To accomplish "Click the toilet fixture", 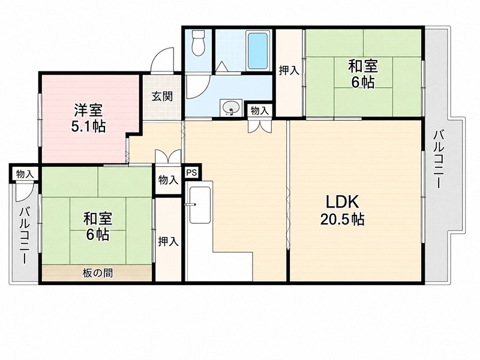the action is (x=198, y=43).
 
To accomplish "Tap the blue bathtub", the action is (x=258, y=51).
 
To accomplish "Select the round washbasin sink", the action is (x=231, y=108).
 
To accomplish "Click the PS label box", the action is (x=192, y=172).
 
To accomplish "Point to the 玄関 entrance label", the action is (x=162, y=97).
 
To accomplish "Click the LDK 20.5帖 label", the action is (x=342, y=210).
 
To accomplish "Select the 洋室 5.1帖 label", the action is (x=88, y=118).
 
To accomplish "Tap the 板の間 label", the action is (x=97, y=273).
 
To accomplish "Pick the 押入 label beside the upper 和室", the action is (x=289, y=71).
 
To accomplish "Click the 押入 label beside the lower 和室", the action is (x=168, y=242).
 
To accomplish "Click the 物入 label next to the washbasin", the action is (x=260, y=110).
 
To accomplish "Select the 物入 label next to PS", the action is (x=168, y=180).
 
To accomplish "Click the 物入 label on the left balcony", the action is (x=25, y=175).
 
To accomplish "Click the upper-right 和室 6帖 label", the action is (x=363, y=74).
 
